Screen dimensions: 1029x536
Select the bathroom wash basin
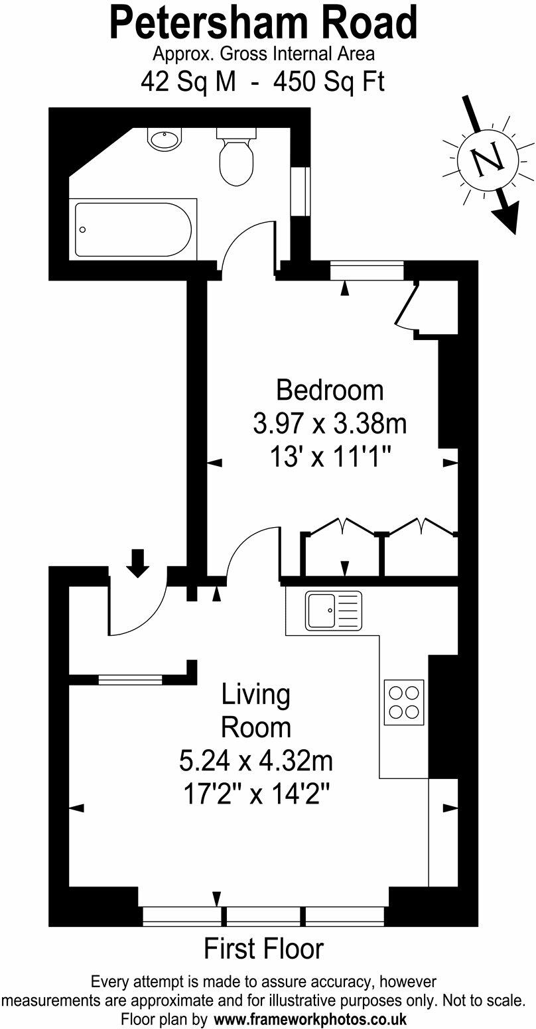[x=165, y=139]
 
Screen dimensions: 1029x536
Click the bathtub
[x=133, y=229]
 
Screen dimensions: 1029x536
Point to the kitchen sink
[x=334, y=610]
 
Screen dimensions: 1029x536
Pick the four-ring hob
[x=404, y=702]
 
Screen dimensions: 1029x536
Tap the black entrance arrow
[x=137, y=563]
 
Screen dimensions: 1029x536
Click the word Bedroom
[x=330, y=390]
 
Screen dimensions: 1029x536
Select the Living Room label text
[x=255, y=711]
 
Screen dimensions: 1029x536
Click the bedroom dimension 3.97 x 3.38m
[x=330, y=423]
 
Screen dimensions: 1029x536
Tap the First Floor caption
[x=263, y=949]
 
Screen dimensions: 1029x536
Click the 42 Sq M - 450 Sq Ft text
[x=263, y=82]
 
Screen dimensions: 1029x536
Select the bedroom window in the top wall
[x=367, y=271]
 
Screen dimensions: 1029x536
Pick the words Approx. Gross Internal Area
[x=263, y=54]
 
